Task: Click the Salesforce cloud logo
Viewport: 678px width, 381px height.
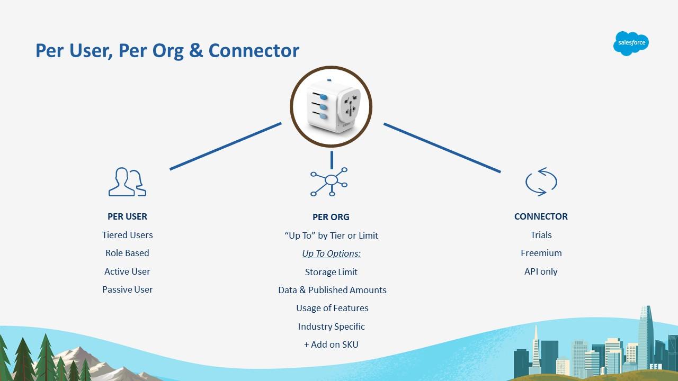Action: tap(631, 43)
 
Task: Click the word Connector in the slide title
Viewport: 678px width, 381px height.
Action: tap(254, 50)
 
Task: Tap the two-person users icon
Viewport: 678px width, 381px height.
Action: tap(128, 182)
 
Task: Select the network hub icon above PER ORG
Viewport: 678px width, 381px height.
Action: tap(329, 182)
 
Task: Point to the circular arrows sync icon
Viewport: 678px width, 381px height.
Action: tap(541, 182)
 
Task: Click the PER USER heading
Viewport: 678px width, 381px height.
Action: tap(128, 216)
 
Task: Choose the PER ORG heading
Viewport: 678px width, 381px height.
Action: tap(331, 217)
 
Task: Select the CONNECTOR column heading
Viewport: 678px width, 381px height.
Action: tap(541, 216)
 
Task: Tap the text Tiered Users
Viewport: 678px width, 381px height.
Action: tap(128, 235)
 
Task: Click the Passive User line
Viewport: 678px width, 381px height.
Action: tap(128, 289)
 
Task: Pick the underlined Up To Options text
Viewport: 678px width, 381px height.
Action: tap(332, 253)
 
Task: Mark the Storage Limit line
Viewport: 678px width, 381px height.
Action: tap(331, 272)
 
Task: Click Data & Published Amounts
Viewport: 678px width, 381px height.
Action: tap(332, 289)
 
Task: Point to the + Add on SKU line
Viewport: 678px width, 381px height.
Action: tap(331, 344)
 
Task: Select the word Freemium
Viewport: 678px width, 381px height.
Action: tap(541, 253)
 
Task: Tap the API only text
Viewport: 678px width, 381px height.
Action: tap(541, 271)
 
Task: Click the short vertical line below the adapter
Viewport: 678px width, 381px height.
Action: tap(332, 160)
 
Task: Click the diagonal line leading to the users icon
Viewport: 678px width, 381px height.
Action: tap(226, 146)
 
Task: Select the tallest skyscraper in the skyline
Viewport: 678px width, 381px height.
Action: tap(646, 335)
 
